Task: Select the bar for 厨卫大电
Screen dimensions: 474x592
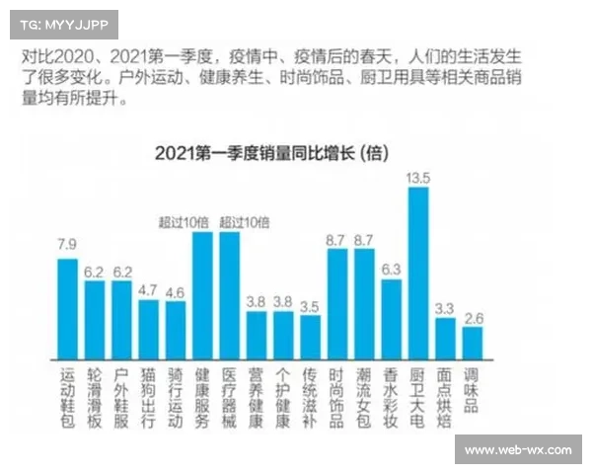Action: click(418, 272)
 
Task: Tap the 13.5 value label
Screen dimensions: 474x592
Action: click(418, 178)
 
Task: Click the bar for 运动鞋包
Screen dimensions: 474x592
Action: click(67, 307)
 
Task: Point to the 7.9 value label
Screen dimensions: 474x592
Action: click(67, 244)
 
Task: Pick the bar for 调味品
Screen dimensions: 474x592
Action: click(473, 342)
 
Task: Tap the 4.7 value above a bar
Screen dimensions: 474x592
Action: click(148, 290)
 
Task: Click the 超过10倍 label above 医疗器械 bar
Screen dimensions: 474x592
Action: click(243, 222)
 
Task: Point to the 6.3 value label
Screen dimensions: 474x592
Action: click(391, 269)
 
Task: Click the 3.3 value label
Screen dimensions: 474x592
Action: click(445, 308)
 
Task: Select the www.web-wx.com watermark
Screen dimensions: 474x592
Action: click(517, 450)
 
